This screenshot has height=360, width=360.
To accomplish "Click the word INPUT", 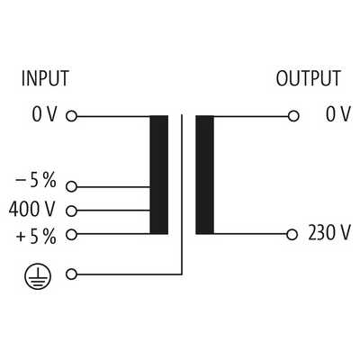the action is click(x=45, y=78).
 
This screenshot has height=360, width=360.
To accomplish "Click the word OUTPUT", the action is click(x=309, y=78).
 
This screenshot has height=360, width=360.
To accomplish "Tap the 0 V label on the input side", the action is click(x=44, y=114).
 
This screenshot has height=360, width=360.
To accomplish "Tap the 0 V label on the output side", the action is click(x=338, y=114).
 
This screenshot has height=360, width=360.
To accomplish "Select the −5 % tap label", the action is click(x=36, y=181).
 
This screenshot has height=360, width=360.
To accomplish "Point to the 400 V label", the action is click(x=32, y=209).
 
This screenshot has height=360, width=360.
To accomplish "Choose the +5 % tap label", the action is click(x=36, y=237).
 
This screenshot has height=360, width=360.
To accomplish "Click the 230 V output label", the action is click(x=329, y=233).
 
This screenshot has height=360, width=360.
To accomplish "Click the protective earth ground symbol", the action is click(x=38, y=276).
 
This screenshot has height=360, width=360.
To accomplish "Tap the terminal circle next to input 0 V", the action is click(x=71, y=116).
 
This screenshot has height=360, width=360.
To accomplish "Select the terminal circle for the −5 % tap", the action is click(x=71, y=186).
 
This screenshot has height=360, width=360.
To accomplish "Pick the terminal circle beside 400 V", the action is click(x=71, y=211).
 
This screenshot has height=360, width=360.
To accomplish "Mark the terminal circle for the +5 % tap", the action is click(x=71, y=235).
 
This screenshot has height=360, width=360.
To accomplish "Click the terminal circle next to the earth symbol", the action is click(x=71, y=274).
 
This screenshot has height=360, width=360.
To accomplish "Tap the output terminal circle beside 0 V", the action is click(x=293, y=116).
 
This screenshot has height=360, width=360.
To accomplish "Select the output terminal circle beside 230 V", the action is click(x=292, y=235).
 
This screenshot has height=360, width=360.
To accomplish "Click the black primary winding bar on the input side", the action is click(x=159, y=175).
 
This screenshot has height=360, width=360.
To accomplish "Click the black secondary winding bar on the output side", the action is click(x=205, y=175).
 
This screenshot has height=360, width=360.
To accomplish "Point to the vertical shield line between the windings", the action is click(x=182, y=194).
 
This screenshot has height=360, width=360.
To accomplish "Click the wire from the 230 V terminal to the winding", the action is click(x=250, y=234).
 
